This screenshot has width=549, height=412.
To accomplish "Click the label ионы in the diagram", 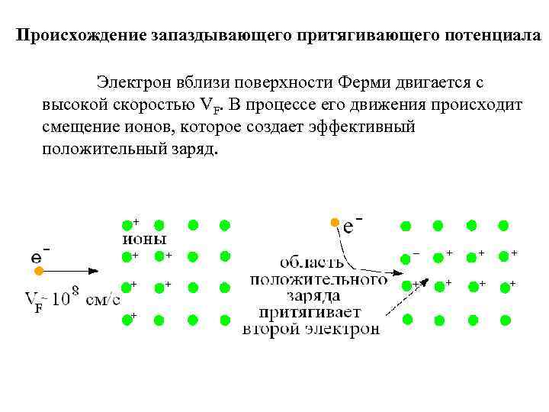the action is pos(144,238).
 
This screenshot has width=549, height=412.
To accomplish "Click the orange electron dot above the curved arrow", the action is pos(333,222).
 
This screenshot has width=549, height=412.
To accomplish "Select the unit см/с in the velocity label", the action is pos(103,298).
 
